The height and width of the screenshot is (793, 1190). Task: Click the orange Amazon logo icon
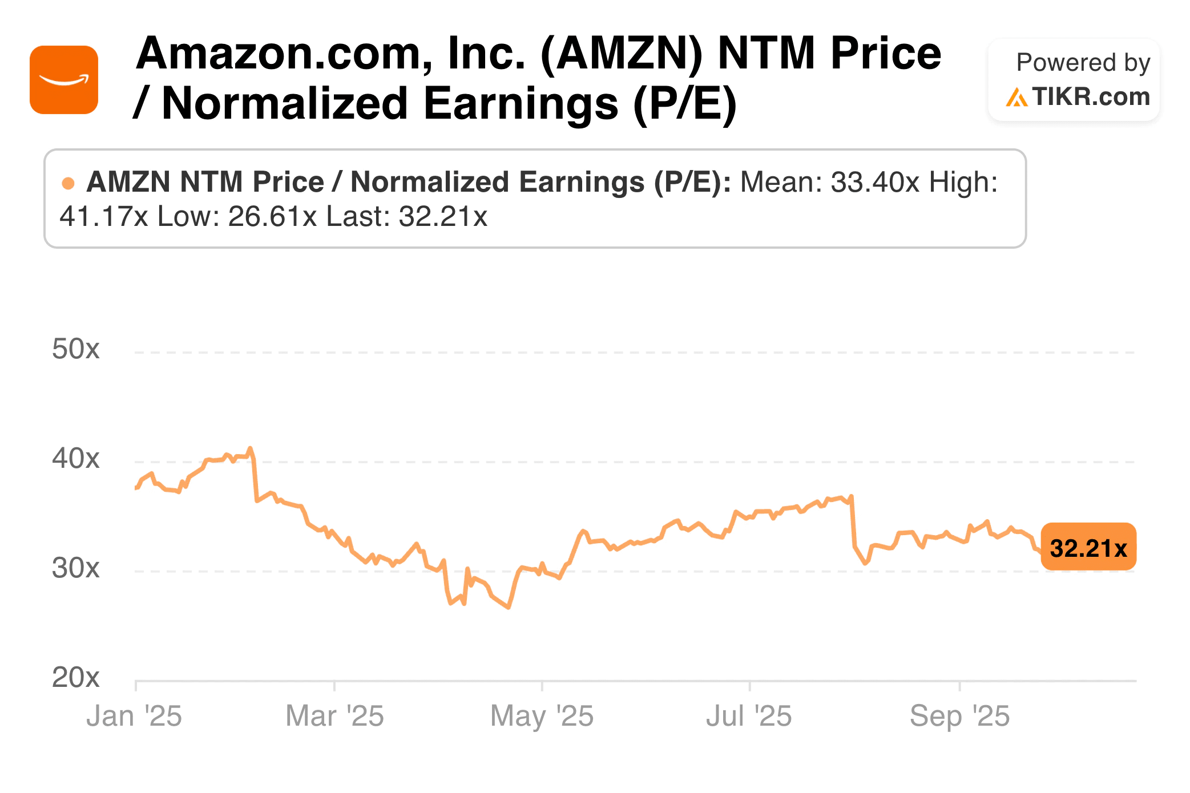pyautogui.click(x=64, y=80)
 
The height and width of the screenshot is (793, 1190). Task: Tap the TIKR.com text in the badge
pyautogui.click(x=1090, y=97)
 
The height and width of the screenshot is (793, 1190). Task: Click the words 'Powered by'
pyautogui.click(x=1083, y=62)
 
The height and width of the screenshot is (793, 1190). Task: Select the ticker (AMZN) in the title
pyautogui.click(x=622, y=54)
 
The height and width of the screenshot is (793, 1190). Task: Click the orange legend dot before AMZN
pyautogui.click(x=68, y=183)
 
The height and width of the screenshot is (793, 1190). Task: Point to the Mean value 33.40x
pyautogui.click(x=875, y=183)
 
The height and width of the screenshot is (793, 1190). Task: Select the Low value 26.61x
pyautogui.click(x=272, y=217)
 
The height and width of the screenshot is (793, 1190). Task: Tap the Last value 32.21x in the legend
pyautogui.click(x=443, y=217)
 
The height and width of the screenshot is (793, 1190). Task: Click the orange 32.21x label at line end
pyautogui.click(x=1088, y=548)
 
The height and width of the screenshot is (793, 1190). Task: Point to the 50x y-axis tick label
pyautogui.click(x=75, y=349)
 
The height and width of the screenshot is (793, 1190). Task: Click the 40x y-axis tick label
pyautogui.click(x=75, y=458)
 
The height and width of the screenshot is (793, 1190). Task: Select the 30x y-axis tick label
pyautogui.click(x=75, y=568)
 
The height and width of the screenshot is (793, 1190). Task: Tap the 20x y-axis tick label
pyautogui.click(x=75, y=677)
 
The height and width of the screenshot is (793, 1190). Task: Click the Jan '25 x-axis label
pyautogui.click(x=134, y=716)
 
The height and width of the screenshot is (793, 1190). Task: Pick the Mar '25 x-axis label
pyautogui.click(x=334, y=716)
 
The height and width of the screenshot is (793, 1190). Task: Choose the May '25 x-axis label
pyautogui.click(x=542, y=716)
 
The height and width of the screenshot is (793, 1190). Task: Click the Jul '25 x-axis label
pyautogui.click(x=749, y=716)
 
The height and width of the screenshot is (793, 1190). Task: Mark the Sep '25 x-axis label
pyautogui.click(x=959, y=716)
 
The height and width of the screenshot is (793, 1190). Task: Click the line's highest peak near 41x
pyautogui.click(x=250, y=448)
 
